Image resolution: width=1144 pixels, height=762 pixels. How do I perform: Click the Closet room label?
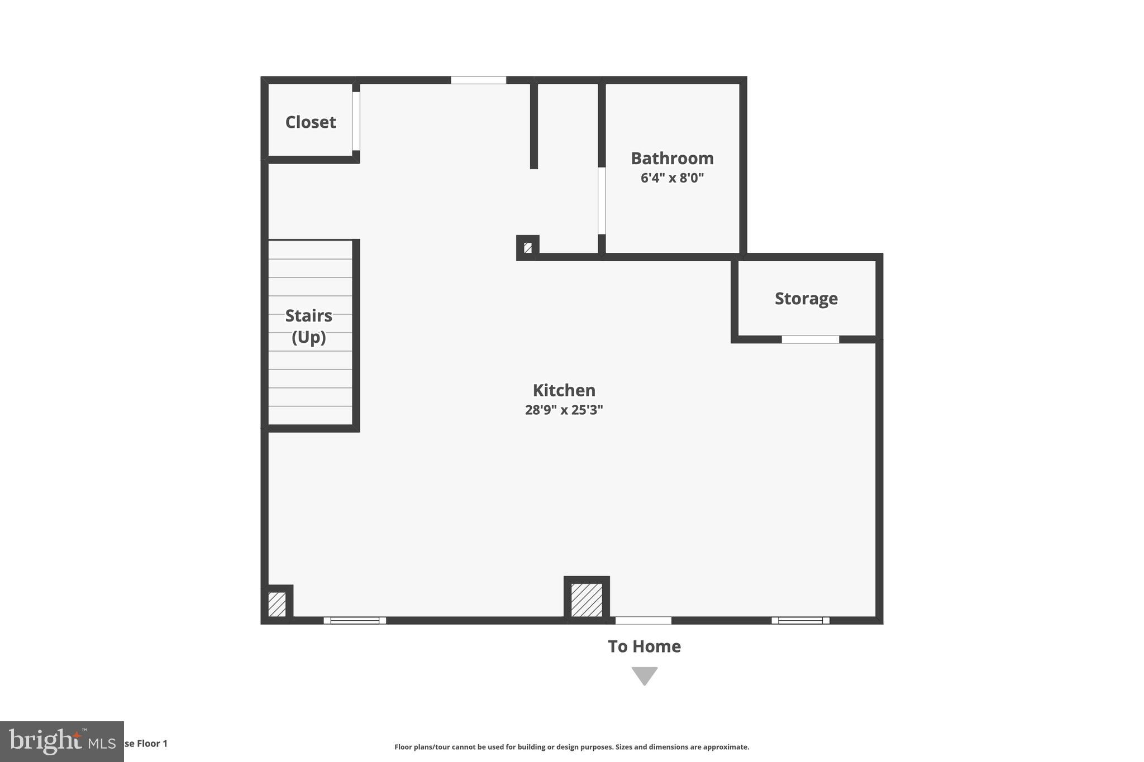311,122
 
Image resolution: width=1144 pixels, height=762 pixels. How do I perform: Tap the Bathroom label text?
672,159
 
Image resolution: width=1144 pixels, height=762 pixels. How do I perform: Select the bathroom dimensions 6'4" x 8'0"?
672,179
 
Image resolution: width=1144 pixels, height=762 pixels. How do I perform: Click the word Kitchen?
564,390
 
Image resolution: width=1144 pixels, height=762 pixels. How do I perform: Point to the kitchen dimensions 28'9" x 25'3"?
564,410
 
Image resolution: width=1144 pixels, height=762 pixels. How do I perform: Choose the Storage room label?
806,299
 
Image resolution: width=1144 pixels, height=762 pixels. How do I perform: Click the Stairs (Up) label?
309,326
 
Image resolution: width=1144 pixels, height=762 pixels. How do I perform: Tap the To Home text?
644,646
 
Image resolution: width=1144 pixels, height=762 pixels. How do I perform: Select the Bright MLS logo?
61,741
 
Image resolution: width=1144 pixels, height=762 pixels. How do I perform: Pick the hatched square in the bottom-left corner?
277,604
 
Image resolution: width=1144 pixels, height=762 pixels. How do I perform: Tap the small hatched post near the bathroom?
528,247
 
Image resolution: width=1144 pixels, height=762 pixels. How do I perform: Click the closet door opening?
356,121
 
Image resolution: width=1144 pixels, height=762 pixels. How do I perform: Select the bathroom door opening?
602,200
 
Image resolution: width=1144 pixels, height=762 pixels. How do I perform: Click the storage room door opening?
810,339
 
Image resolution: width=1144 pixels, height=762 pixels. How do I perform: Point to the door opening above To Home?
643,620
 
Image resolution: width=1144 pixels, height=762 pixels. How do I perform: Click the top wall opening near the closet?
478,80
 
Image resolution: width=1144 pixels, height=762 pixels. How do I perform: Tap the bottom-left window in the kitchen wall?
355,620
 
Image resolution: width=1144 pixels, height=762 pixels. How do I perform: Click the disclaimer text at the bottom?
571,747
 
